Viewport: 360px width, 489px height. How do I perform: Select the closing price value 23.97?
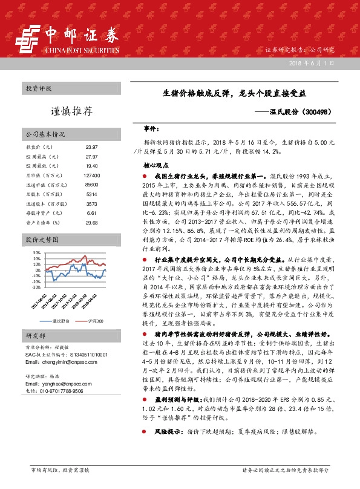click(91, 147)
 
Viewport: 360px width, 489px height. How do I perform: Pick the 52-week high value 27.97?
click(91, 156)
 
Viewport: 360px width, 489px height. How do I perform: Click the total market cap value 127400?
click(91, 176)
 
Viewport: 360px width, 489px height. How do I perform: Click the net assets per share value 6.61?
click(91, 213)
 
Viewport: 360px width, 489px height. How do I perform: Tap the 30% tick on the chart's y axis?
click(37, 252)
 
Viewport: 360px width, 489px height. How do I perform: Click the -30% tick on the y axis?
click(36, 287)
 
